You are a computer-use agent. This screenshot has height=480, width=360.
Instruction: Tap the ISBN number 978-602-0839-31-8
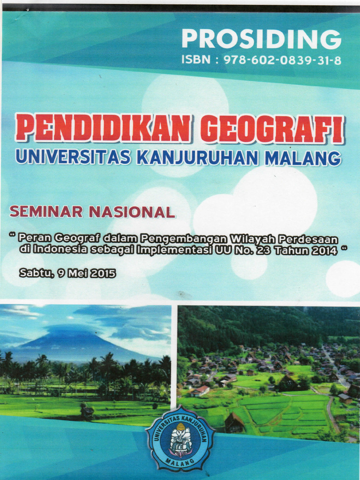tap(283, 60)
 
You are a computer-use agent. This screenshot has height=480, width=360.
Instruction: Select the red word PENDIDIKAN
tap(103, 128)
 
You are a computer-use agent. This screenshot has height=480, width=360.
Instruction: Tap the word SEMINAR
tap(46, 212)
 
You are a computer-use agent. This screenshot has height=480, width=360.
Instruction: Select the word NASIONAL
tap(132, 212)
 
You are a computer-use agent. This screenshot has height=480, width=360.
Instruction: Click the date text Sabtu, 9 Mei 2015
tap(67, 273)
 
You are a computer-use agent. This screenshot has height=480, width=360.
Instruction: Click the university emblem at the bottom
tap(180, 438)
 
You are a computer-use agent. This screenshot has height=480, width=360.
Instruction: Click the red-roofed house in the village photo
tap(201, 390)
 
